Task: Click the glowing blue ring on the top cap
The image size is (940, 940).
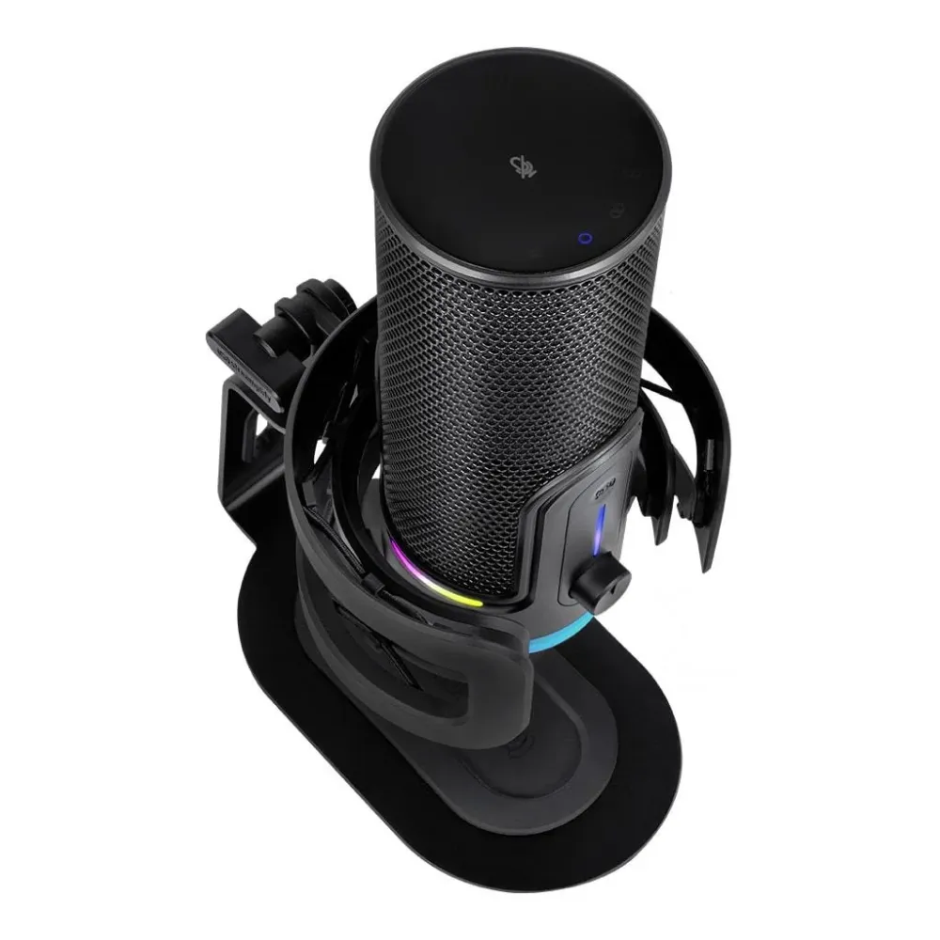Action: coord(584,239)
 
